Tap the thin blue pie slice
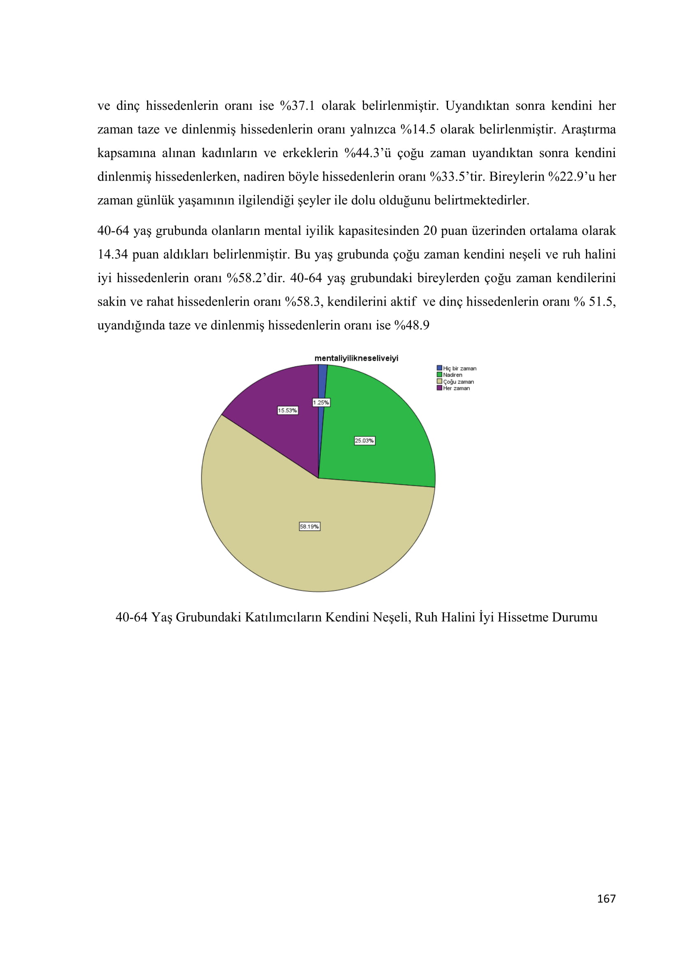(322, 381)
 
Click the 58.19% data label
(310, 527)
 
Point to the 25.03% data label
(364, 441)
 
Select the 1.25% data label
(321, 403)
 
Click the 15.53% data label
(288, 410)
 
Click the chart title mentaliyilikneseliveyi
(357, 358)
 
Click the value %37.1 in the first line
(297, 106)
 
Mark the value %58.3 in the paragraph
(302, 301)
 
